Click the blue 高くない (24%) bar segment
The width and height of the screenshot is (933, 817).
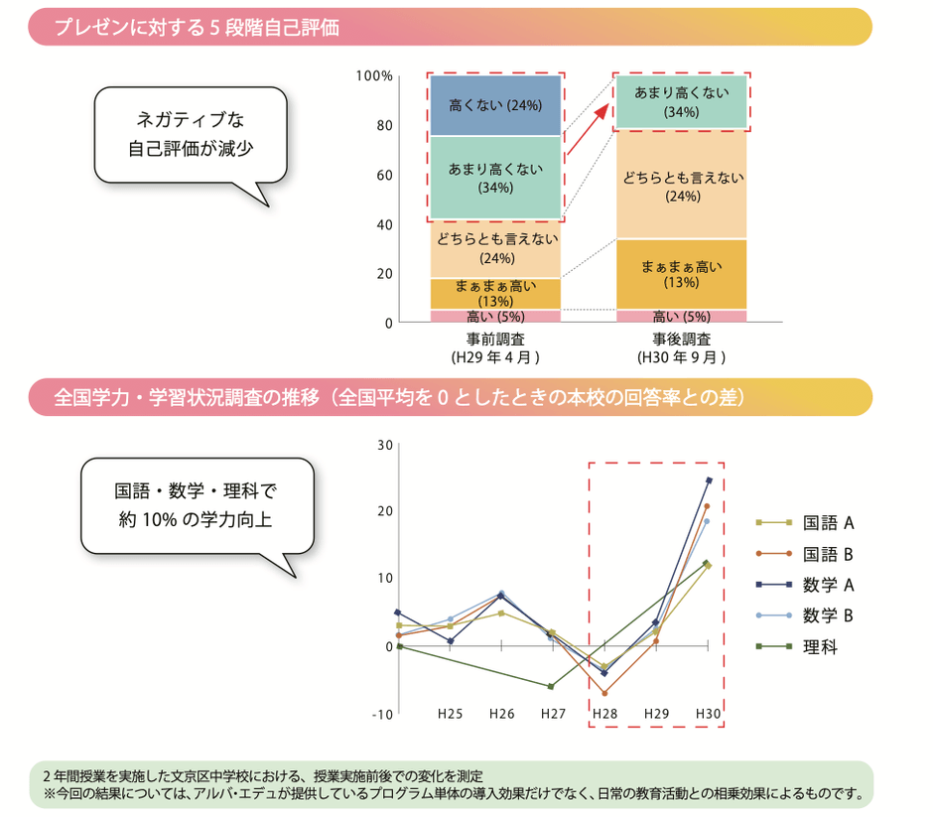point(495,104)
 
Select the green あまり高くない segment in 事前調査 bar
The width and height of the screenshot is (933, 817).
point(495,177)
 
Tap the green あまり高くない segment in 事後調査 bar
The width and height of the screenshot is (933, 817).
point(680,102)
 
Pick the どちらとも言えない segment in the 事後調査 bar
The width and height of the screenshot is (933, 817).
point(680,186)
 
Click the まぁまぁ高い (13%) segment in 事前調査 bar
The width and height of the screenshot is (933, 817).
point(495,293)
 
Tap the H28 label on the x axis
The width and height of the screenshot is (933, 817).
point(603,714)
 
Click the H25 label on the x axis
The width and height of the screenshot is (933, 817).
point(451,714)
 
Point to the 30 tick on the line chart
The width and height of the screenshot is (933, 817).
point(384,444)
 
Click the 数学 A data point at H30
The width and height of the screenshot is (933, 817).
point(708,480)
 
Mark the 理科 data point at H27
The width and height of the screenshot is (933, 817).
point(552,686)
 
